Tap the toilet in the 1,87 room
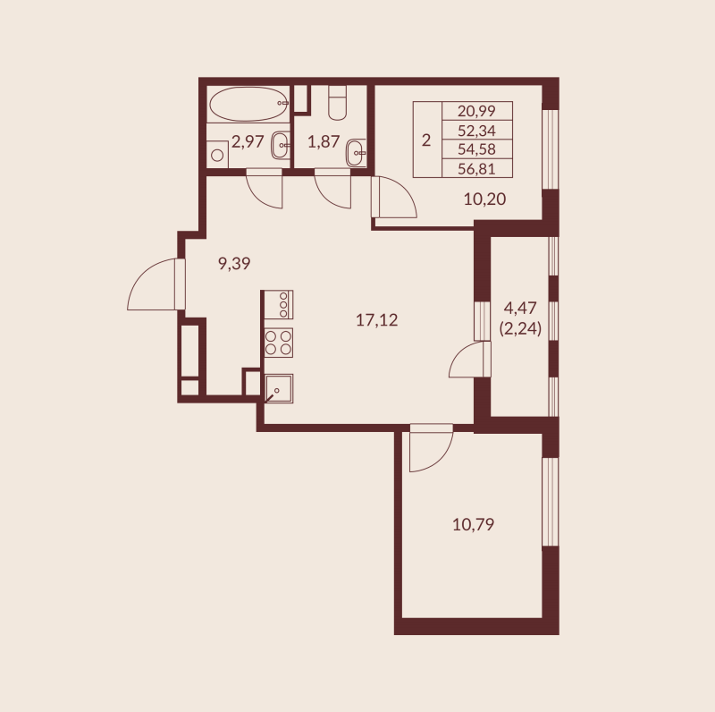337,104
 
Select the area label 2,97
248,140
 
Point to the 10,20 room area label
484,199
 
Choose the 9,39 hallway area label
234,263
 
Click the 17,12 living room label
376,320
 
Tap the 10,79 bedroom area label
473,524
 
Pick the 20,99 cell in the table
476,112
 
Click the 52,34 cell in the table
476,131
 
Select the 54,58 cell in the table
476,148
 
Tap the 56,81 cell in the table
476,167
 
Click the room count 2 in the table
426,140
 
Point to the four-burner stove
279,343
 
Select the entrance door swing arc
154,284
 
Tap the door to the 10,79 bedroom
431,450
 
